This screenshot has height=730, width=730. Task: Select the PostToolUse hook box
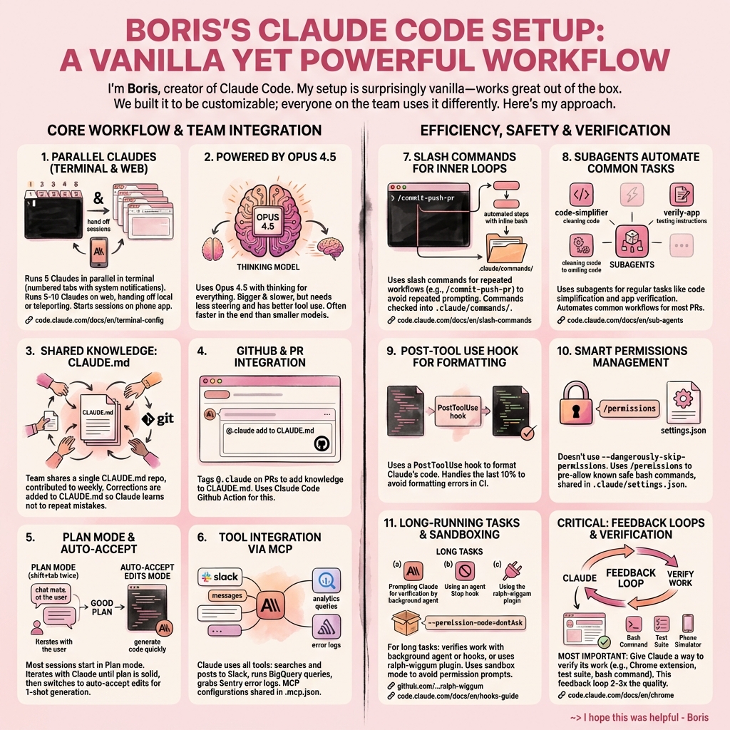coord(457,411)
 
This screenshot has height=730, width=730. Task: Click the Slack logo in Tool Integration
coord(220,576)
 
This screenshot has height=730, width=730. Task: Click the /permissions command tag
coord(629,408)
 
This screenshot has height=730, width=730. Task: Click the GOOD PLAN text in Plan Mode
coord(102,608)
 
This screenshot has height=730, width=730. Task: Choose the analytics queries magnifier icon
coord(326,582)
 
